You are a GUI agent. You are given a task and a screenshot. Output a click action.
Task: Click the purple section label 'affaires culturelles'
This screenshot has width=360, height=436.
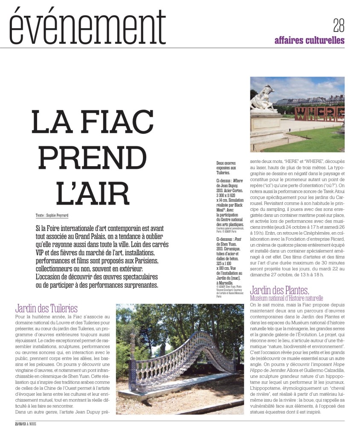tap(309, 40)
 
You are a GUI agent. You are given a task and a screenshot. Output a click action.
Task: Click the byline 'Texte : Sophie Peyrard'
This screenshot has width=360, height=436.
tap(52, 215)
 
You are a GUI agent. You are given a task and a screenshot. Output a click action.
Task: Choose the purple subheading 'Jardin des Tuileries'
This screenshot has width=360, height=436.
tap(46, 308)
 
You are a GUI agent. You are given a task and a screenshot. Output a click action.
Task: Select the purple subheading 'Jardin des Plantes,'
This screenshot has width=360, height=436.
tap(279, 291)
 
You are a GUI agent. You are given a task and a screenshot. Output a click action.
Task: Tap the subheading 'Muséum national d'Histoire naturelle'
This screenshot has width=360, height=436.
tap(287, 298)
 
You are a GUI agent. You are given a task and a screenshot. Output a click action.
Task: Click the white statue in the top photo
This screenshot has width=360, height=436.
tap(263, 98)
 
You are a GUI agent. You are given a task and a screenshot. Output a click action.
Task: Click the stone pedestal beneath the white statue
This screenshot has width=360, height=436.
tap(266, 128)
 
